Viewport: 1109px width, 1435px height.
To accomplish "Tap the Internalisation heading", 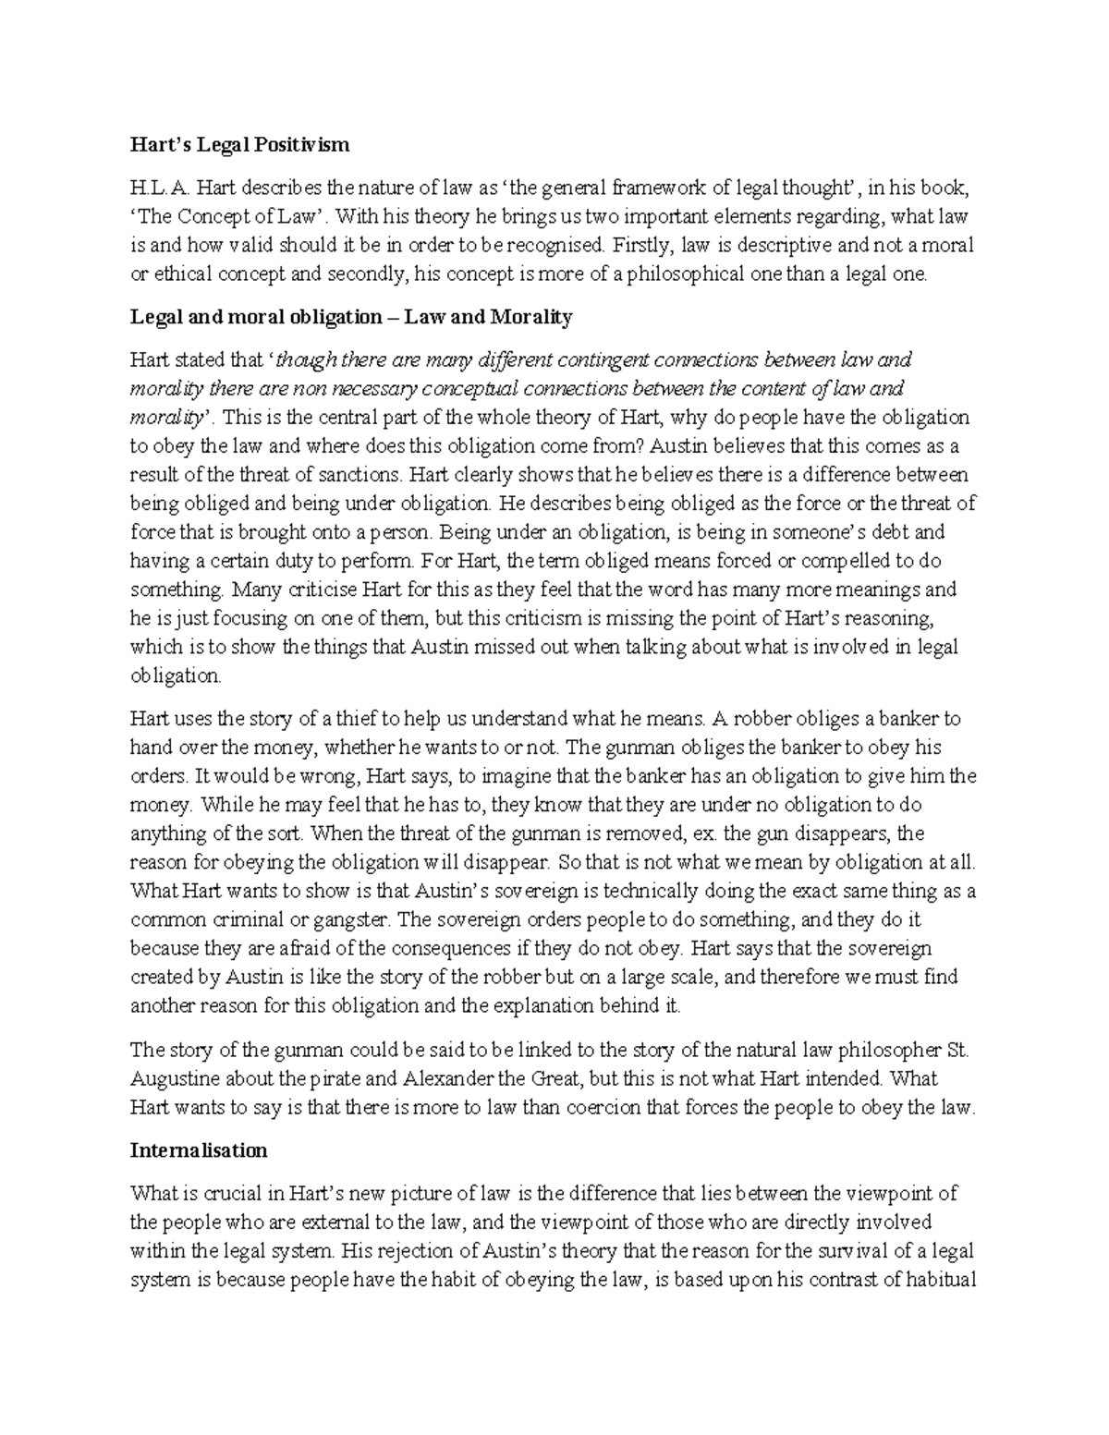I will (199, 1150).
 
